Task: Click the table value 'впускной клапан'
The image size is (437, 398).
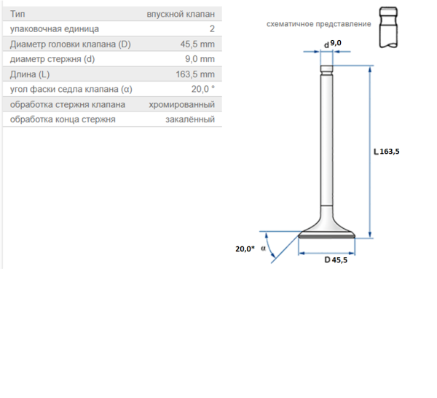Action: [181, 15]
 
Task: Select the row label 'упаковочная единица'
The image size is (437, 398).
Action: [55, 29]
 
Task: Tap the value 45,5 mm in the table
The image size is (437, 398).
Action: [197, 44]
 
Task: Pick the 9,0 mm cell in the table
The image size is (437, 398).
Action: [200, 59]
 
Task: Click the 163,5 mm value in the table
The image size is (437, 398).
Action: [195, 74]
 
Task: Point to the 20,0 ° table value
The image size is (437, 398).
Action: [203, 89]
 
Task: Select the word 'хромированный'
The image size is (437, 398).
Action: [181, 104]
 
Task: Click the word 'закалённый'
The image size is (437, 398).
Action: [190, 120]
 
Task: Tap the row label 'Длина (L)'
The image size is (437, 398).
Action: [30, 74]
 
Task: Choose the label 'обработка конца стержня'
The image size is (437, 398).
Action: [63, 120]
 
